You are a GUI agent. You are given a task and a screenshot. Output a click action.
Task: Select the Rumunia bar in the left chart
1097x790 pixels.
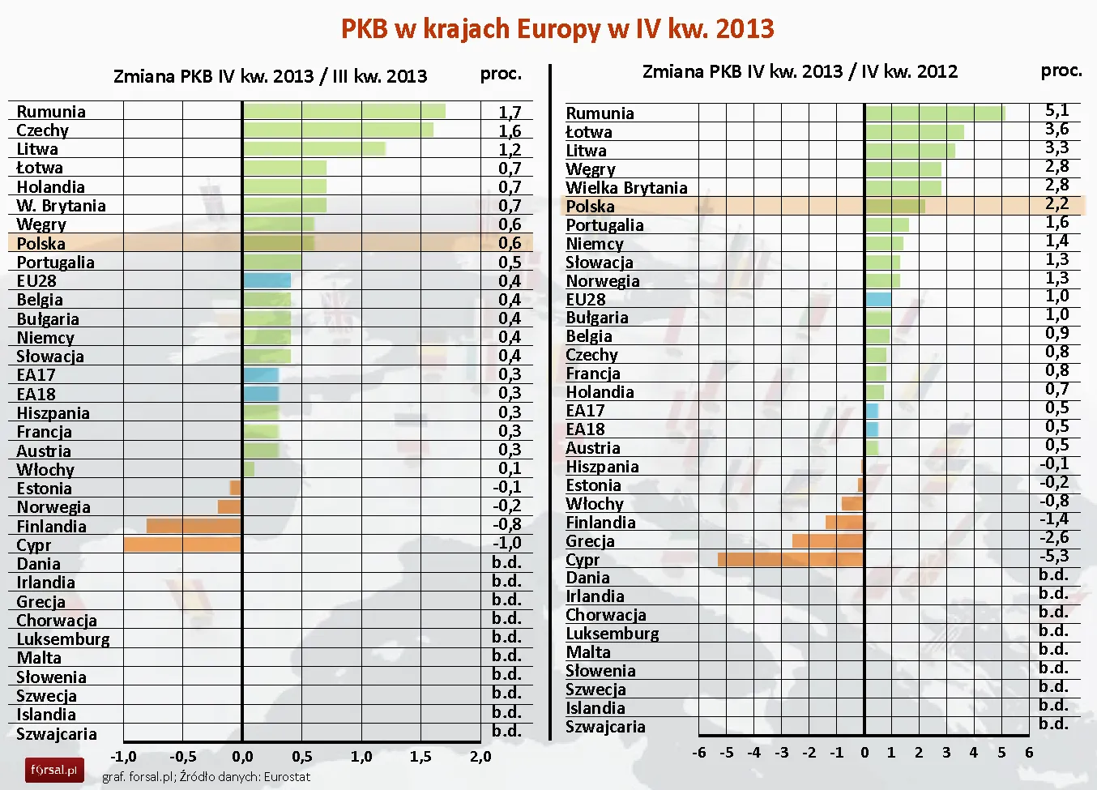click(344, 111)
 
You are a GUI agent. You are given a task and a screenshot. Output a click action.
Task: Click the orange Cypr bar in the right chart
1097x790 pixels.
click(790, 559)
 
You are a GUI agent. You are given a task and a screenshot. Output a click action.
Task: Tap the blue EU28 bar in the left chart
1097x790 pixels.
click(267, 281)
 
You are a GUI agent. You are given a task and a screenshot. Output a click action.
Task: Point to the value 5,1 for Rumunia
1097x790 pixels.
click(1056, 110)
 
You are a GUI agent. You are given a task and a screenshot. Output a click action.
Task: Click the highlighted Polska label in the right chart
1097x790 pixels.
click(590, 207)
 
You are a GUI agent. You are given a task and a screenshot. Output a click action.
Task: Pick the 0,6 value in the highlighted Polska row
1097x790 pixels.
click(510, 243)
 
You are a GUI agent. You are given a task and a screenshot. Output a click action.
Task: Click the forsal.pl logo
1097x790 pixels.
click(54, 769)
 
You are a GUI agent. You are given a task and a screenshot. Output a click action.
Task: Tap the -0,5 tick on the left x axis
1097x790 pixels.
click(183, 756)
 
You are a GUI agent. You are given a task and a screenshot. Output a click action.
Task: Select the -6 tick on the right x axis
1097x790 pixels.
click(698, 752)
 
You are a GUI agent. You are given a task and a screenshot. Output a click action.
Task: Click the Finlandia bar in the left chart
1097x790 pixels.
click(194, 526)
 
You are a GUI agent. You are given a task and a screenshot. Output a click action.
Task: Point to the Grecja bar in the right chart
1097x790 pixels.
click(827, 540)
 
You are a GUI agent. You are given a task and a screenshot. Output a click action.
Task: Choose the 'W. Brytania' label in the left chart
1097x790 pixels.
click(61, 206)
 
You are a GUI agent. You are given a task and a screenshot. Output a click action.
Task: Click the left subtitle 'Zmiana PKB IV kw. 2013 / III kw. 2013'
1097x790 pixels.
click(270, 76)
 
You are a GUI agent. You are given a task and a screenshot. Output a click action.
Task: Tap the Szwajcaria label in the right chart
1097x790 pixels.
click(605, 727)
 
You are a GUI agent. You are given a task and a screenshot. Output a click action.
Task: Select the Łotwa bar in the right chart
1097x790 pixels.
click(915, 131)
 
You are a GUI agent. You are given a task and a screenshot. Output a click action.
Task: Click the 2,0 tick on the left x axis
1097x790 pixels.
click(480, 756)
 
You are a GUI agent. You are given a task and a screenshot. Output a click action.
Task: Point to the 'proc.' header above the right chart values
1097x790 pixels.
click(1061, 71)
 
